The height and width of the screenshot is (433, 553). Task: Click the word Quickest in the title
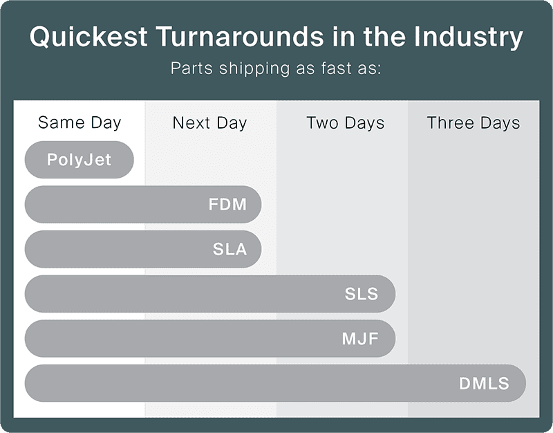(88, 37)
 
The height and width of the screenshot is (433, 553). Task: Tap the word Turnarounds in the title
(240, 37)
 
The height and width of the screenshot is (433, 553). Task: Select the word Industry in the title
(469, 37)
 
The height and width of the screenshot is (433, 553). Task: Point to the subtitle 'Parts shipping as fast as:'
(276, 68)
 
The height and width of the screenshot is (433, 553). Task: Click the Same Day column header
(79, 123)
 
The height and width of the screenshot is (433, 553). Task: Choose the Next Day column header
(209, 123)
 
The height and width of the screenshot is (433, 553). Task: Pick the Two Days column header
(345, 123)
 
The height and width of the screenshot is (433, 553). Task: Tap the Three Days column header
(474, 123)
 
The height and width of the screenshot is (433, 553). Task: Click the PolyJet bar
(79, 160)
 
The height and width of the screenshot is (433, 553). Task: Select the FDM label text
(227, 205)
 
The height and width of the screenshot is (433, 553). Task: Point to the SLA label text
(229, 249)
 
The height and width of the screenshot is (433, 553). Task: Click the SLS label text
(362, 294)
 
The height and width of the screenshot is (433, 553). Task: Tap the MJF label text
(360, 339)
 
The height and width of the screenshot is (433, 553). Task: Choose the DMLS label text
(484, 384)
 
